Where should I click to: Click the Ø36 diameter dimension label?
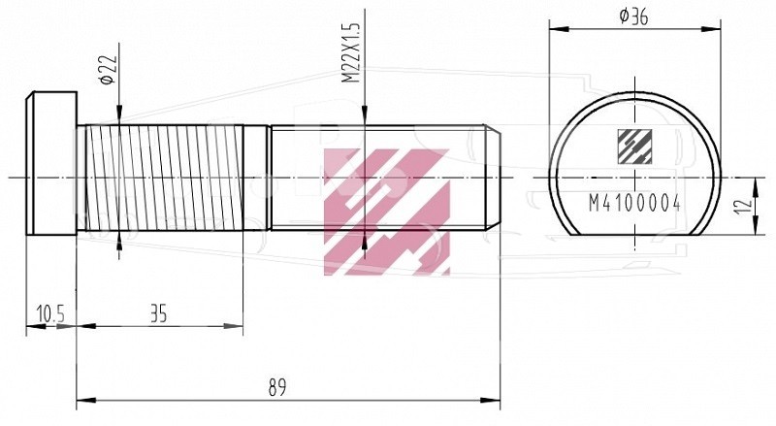pos(633,16)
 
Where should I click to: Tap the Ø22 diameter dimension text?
pos(109,69)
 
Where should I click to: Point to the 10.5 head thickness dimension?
pos(50,314)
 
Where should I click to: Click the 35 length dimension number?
pos(158,314)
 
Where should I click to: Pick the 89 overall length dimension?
pos(277,387)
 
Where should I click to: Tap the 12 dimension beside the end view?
pos(743,205)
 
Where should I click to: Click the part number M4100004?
pos(634,203)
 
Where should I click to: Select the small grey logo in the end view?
pos(634,147)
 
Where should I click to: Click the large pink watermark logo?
pos(387,212)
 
